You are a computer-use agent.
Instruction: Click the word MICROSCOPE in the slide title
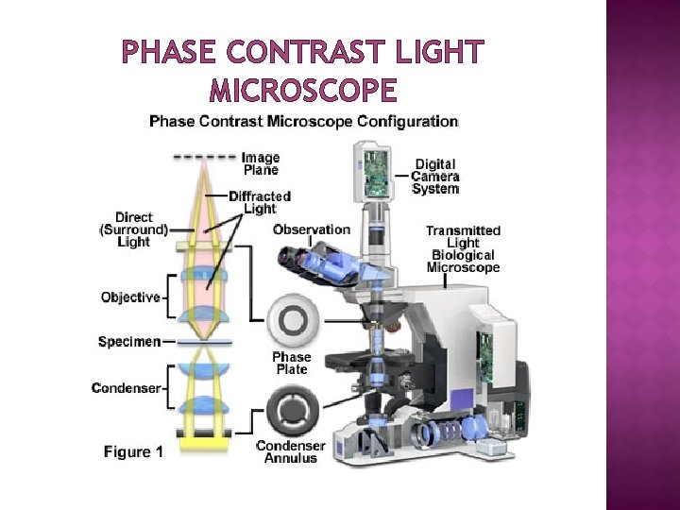[x=302, y=91]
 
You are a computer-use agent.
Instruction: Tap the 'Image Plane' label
[x=261, y=163]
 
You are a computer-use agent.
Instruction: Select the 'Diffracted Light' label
[x=260, y=202]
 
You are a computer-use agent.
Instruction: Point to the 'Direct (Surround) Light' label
[x=134, y=229]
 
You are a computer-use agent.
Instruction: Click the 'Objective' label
[x=130, y=297]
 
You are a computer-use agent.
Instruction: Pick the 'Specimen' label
[x=128, y=341]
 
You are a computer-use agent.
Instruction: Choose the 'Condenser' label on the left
[x=126, y=387]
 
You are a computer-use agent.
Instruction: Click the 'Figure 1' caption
[x=133, y=451]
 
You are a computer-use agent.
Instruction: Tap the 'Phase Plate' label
[x=292, y=363]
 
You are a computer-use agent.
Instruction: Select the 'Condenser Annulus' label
[x=291, y=452]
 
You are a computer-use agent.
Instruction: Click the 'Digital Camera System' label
[x=435, y=177]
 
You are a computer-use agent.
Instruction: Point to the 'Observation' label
[x=311, y=229]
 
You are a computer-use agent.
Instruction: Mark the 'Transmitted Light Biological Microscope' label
[x=463, y=249]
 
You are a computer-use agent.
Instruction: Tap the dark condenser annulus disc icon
[x=293, y=412]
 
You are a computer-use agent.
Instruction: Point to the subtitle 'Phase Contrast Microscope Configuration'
[x=304, y=121]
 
